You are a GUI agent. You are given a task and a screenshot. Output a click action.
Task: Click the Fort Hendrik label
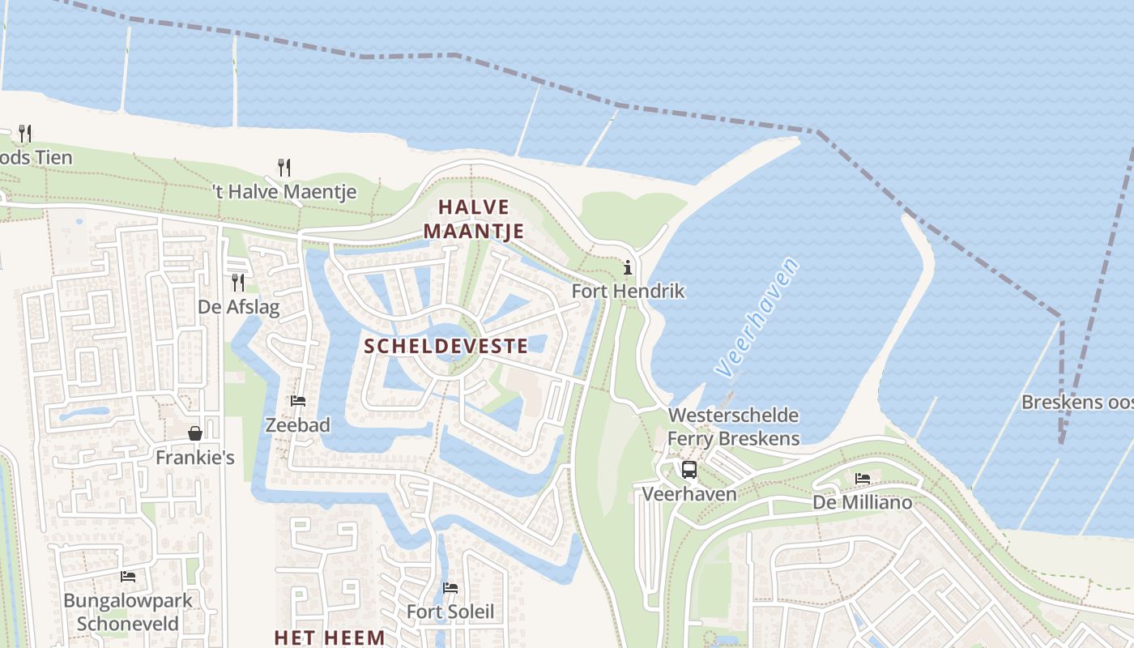coord(628,291)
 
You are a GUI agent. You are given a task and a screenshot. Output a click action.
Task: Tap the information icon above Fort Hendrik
coord(628,267)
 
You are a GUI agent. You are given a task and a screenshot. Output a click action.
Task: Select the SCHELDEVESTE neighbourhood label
coord(446,347)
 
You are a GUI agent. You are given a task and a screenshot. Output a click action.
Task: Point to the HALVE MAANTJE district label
coord(474,219)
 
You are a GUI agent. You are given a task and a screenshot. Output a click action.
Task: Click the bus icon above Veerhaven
coord(689,469)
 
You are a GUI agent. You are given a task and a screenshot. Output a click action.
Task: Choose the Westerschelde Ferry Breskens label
coord(733,427)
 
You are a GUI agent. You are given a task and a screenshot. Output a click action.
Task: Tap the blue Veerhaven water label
coord(757,317)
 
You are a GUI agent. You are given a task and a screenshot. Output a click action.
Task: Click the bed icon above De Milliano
coord(863,479)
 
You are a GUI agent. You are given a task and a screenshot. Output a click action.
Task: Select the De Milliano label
coord(863,502)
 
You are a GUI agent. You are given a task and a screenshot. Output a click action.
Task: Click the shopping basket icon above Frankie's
coord(195,433)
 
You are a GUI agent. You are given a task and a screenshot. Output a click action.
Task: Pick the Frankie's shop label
coord(195,458)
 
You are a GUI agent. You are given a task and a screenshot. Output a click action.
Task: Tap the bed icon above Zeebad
coord(298,400)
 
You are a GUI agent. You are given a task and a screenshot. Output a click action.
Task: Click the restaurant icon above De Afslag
coord(238,282)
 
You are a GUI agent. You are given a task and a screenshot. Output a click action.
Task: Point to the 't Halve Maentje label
coord(283,192)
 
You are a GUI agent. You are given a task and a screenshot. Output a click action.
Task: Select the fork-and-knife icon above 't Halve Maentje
coord(283,168)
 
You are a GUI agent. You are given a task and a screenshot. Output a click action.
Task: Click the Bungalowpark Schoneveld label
coord(128,612)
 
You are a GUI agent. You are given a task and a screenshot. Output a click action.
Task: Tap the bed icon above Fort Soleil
coord(450,587)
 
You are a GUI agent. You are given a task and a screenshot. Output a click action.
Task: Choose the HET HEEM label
coord(329,637)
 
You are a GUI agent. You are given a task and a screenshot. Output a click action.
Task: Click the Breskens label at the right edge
coord(1076,402)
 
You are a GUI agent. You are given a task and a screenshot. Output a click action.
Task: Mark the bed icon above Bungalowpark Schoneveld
coord(128,577)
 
